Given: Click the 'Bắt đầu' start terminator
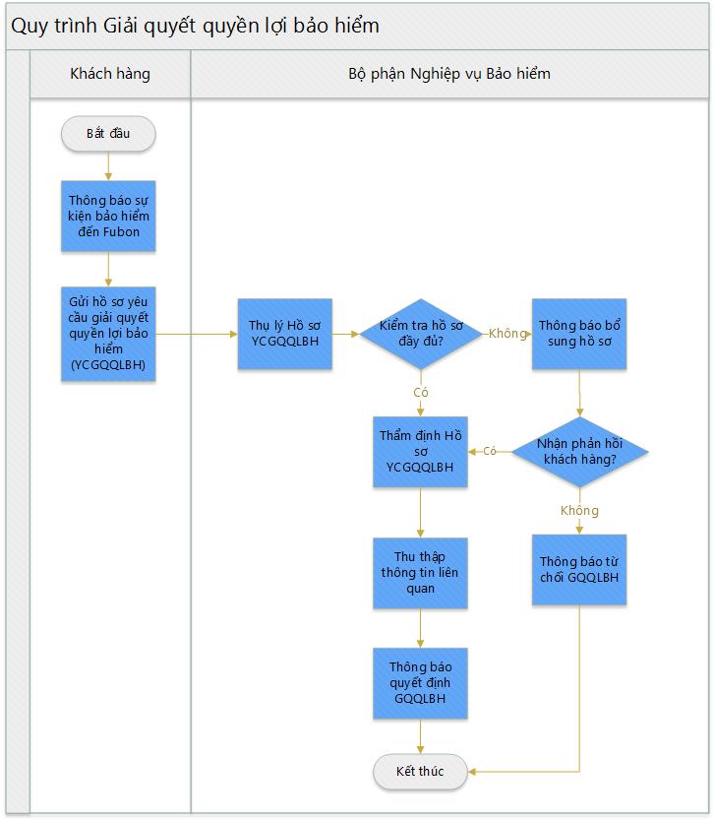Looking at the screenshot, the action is pos(108,134).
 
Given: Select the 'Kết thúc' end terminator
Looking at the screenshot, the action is pos(420,771).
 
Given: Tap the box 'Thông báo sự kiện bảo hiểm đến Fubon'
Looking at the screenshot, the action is pos(108,216).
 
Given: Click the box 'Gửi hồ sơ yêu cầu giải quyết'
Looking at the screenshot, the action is pos(108,334).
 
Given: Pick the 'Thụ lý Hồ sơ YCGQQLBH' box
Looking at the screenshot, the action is pos(285,334).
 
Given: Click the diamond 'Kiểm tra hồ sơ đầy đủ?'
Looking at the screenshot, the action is pos(421,334).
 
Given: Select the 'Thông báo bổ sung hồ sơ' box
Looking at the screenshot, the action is pos(579,334).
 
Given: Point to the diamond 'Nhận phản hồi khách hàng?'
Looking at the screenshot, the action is pos(579,451).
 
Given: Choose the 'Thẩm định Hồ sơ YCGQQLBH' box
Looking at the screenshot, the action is pos(420,451).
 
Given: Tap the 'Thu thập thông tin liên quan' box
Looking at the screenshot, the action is pos(420,572).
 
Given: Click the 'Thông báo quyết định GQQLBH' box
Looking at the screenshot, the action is pos(420,683).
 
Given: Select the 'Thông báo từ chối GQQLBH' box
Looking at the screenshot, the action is pos(579,569).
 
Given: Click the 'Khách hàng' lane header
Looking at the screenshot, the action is pos(110,74).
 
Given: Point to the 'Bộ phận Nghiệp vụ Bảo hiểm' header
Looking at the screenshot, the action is pos(449,74).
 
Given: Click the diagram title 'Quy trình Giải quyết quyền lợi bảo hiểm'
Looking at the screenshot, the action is pos(195,26).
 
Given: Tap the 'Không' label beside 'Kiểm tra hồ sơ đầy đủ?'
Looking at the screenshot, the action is pos(507,334).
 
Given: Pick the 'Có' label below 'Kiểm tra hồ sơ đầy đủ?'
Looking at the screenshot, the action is pos(421,392).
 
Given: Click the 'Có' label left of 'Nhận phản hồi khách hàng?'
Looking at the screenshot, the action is pos(490,451).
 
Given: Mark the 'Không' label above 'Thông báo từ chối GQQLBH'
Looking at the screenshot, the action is pos(579,511).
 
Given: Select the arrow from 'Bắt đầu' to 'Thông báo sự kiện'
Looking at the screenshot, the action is pos(108,166).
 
